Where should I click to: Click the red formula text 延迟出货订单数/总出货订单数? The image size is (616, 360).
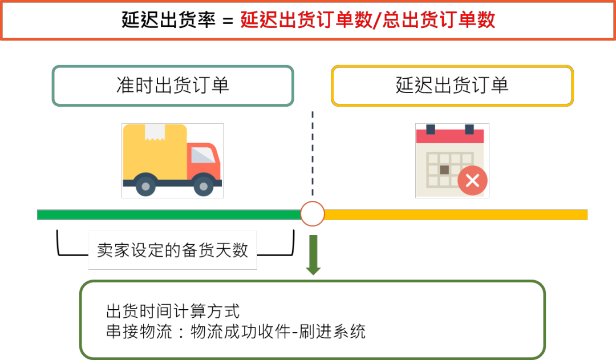[368, 19]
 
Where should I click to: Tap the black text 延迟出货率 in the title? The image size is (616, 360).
[168, 19]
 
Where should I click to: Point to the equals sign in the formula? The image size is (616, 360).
[228, 21]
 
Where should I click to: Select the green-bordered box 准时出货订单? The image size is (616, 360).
[173, 86]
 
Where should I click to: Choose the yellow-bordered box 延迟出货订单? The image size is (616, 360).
[452, 86]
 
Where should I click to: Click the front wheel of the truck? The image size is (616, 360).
[204, 187]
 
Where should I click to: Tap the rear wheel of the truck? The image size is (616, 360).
[145, 187]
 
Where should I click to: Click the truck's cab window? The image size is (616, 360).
[202, 155]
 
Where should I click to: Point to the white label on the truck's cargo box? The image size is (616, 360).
[155, 132]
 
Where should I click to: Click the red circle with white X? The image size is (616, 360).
[472, 180]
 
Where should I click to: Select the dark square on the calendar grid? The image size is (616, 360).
[444, 170]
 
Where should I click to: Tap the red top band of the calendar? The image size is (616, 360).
[450, 136]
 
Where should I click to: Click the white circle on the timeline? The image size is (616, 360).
[313, 214]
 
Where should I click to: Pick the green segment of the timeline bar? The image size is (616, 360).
[169, 215]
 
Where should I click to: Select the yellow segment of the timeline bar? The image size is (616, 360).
[456, 215]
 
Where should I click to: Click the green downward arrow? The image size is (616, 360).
[313, 255]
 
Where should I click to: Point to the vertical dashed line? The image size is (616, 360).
[313, 153]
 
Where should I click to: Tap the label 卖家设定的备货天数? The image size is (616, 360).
[172, 250]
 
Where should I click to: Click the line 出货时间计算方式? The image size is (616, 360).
[173, 312]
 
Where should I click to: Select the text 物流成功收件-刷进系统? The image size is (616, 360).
[278, 331]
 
